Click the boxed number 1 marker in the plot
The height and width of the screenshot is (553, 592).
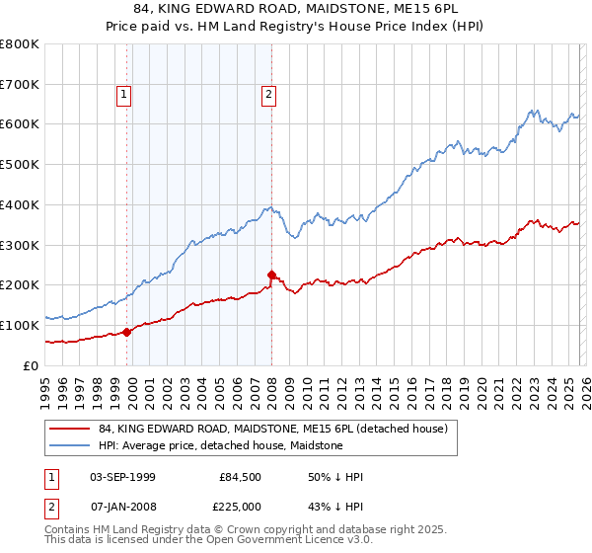coord(124,95)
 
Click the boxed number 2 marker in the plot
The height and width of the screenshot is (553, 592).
coord(268,95)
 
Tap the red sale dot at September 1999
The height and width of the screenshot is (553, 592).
coord(126,332)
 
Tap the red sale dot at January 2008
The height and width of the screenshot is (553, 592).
coord(271,275)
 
